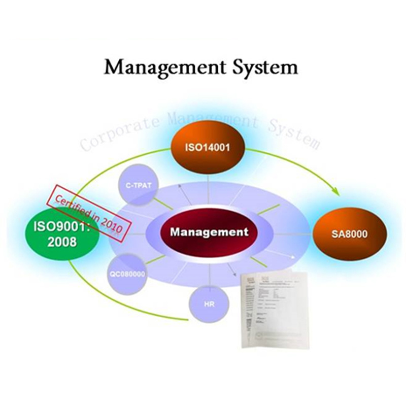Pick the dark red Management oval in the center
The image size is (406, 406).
209,232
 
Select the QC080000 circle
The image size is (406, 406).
127,274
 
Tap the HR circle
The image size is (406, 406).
208,304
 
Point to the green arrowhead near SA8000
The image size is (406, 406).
335,192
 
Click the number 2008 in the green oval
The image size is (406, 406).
60,243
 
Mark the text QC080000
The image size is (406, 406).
127,274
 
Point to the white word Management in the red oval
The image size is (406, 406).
209,232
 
